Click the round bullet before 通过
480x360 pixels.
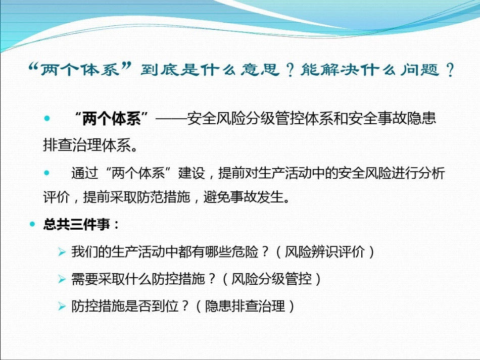tap(47, 173)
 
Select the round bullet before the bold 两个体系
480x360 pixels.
tap(47, 119)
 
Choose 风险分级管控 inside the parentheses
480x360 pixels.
tap(277, 279)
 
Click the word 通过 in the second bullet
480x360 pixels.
tap(84, 173)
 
